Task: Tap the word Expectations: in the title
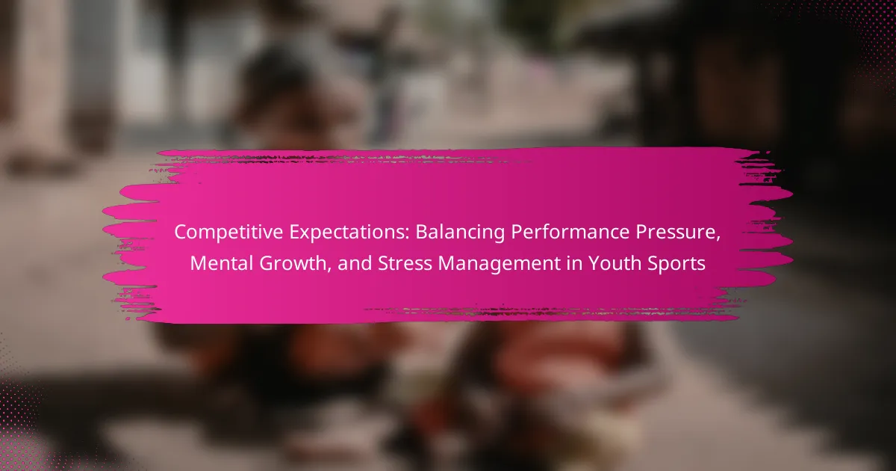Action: click(349, 232)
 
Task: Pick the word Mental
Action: click(221, 263)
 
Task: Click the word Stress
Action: click(405, 263)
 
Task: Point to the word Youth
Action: click(613, 263)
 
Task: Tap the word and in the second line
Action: click(355, 263)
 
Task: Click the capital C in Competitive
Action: click(181, 233)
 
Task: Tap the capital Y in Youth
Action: click(594, 263)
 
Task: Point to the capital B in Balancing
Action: click(422, 233)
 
